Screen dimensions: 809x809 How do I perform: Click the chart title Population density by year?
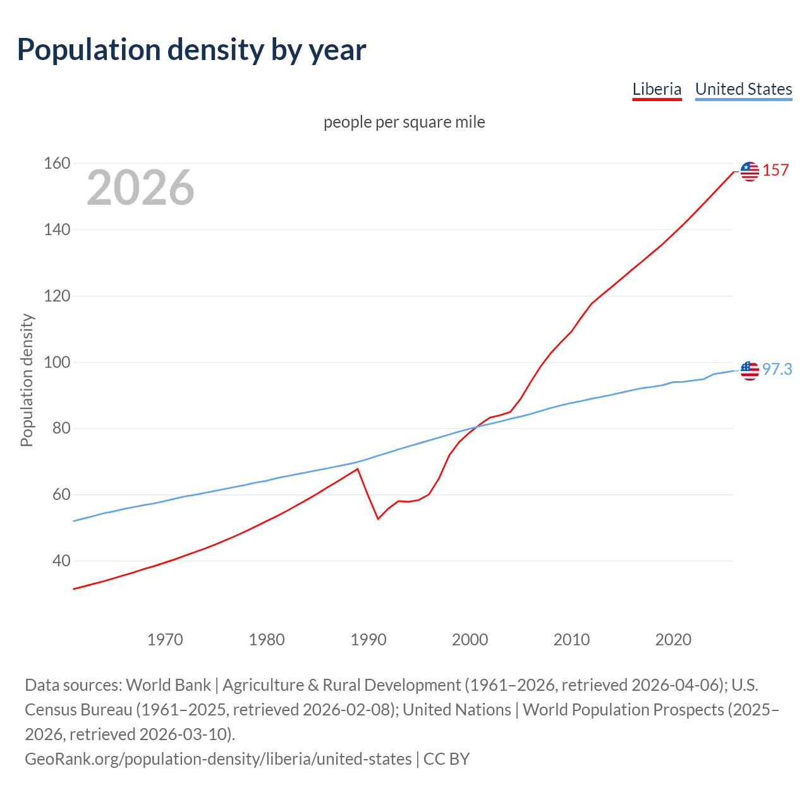click(192, 50)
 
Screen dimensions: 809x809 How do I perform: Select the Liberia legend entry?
click(657, 89)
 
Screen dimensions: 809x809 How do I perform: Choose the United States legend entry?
click(743, 89)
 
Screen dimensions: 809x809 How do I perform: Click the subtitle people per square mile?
click(404, 122)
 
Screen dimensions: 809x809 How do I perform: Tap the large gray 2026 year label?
click(140, 188)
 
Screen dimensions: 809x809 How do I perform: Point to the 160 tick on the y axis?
click(57, 164)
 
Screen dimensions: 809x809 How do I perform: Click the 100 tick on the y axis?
click(57, 362)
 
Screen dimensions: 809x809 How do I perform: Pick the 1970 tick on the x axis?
click(165, 640)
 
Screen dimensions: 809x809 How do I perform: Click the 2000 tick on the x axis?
click(470, 640)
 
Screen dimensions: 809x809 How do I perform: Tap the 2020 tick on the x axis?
click(673, 640)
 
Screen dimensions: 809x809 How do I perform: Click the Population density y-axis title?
click(27, 380)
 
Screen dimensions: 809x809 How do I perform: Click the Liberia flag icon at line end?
click(750, 171)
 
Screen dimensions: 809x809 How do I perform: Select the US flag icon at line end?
click(750, 370)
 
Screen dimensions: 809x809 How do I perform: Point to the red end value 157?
click(776, 171)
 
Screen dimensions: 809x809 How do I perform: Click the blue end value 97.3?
click(777, 370)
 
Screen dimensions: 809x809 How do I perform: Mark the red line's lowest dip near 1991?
click(378, 519)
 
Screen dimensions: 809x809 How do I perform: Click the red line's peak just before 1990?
click(358, 469)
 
